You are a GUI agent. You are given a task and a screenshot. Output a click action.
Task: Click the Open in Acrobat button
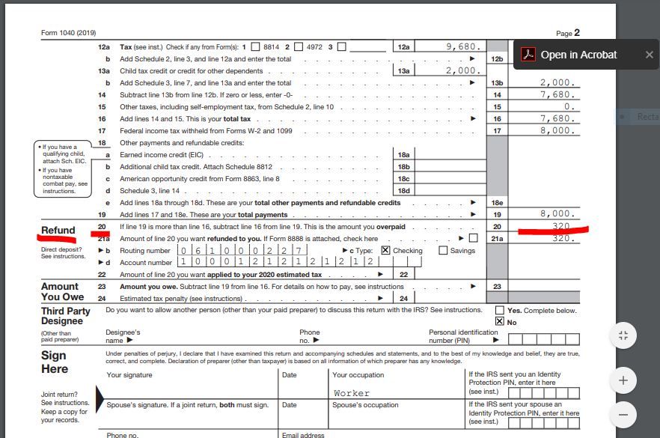[x=570, y=55]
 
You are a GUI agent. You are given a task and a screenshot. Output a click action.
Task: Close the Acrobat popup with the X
[x=649, y=55]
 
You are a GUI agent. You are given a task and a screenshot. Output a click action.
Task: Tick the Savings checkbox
[x=443, y=251]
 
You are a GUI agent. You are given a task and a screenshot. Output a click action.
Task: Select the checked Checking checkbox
[x=385, y=251]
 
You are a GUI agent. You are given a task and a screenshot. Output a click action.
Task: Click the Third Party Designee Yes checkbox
[x=500, y=310]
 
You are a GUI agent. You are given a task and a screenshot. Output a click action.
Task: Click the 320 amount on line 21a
[x=561, y=238]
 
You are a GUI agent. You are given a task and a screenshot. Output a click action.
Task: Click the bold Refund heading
[x=58, y=231]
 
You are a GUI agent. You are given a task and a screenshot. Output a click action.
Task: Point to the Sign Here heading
[x=55, y=362]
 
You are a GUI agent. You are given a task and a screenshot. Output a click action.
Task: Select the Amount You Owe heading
[x=63, y=292]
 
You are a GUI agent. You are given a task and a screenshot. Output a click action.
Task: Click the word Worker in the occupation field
[x=352, y=392]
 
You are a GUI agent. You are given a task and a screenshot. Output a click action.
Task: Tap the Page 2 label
[x=568, y=33]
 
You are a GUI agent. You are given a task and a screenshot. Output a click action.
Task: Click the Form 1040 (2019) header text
[x=68, y=33]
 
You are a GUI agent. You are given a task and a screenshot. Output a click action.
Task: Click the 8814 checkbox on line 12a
[x=255, y=46]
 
